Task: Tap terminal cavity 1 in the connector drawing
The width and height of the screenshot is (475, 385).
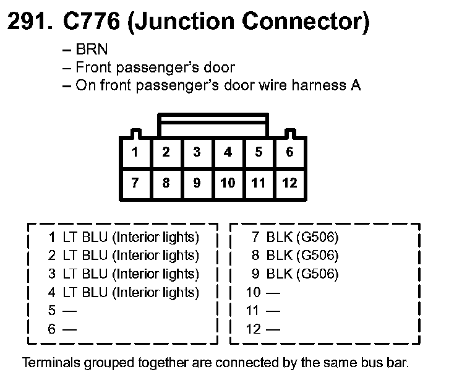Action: click(135, 152)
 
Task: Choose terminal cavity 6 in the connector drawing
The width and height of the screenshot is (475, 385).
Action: click(289, 152)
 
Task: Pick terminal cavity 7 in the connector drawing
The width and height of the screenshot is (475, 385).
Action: click(135, 183)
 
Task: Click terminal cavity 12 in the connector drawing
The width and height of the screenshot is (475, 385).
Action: click(289, 183)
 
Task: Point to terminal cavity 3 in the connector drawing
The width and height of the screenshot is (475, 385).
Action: click(197, 152)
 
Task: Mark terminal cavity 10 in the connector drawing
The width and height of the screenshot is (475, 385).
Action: click(228, 183)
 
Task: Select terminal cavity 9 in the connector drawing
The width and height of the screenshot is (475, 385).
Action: click(197, 183)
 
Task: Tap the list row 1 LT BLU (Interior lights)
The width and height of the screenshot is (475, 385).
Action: click(124, 236)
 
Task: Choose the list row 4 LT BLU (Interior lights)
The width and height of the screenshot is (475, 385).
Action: click(124, 292)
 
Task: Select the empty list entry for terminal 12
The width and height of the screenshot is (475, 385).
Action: click(263, 329)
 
